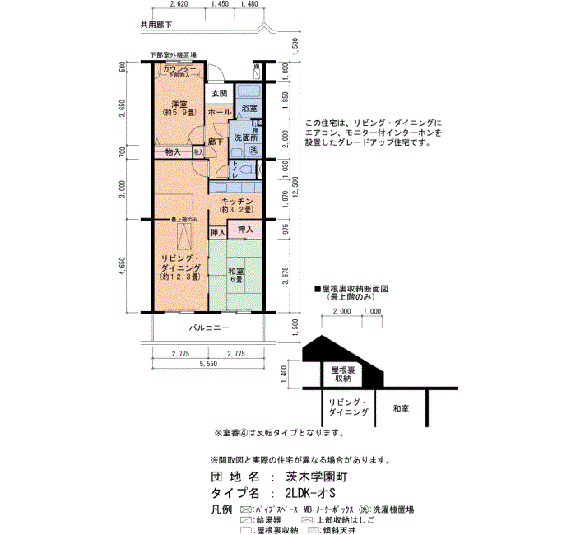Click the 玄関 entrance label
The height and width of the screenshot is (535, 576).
pyautogui.click(x=217, y=93)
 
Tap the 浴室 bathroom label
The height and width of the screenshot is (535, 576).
pyautogui.click(x=249, y=108)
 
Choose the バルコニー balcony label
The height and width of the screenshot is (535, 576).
pyautogui.click(x=208, y=328)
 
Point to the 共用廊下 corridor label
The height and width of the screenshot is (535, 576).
pyautogui.click(x=156, y=26)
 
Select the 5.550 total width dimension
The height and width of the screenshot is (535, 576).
pyautogui.click(x=207, y=363)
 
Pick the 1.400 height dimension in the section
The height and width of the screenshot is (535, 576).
pyautogui.click(x=285, y=374)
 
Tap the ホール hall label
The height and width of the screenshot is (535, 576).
pyautogui.click(x=218, y=112)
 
